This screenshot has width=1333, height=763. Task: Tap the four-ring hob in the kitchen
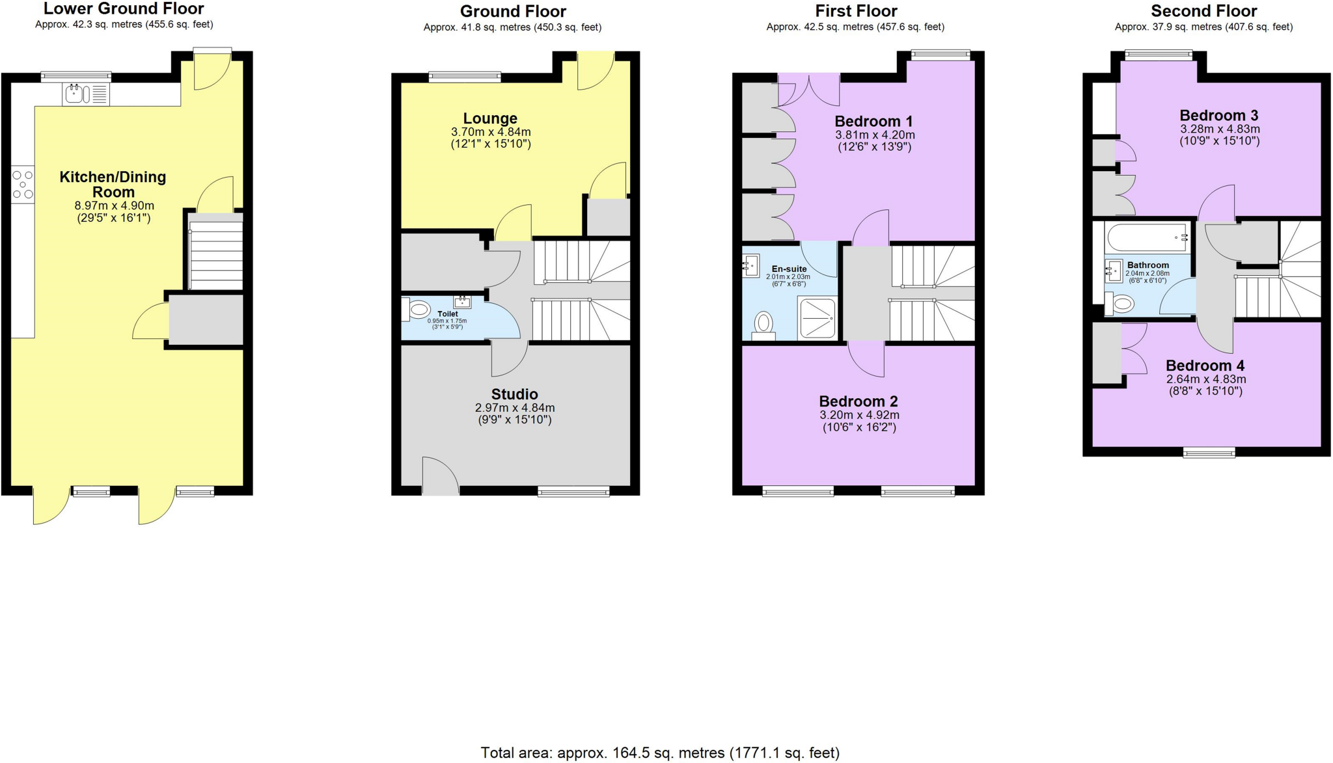(22, 185)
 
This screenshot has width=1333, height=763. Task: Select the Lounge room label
(490, 118)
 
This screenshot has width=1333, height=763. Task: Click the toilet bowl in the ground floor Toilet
(419, 310)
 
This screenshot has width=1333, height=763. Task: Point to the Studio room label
(514, 394)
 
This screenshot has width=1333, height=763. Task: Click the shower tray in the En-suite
(817, 318)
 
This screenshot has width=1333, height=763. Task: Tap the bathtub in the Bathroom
(1147, 238)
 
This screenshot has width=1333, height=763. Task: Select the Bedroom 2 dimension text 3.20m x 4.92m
(859, 415)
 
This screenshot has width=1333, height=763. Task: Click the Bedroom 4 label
(1205, 366)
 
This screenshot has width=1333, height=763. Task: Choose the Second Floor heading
(1203, 11)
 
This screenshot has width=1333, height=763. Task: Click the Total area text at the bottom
(659, 753)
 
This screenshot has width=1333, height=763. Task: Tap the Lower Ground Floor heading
(124, 9)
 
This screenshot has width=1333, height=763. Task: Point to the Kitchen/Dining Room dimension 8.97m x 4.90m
(114, 206)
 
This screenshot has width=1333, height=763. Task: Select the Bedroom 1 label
(873, 122)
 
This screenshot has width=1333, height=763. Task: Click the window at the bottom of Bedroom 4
(1209, 453)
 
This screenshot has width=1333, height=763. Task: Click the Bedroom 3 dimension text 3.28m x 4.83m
(1220, 129)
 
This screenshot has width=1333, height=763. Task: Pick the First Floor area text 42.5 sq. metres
(855, 27)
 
